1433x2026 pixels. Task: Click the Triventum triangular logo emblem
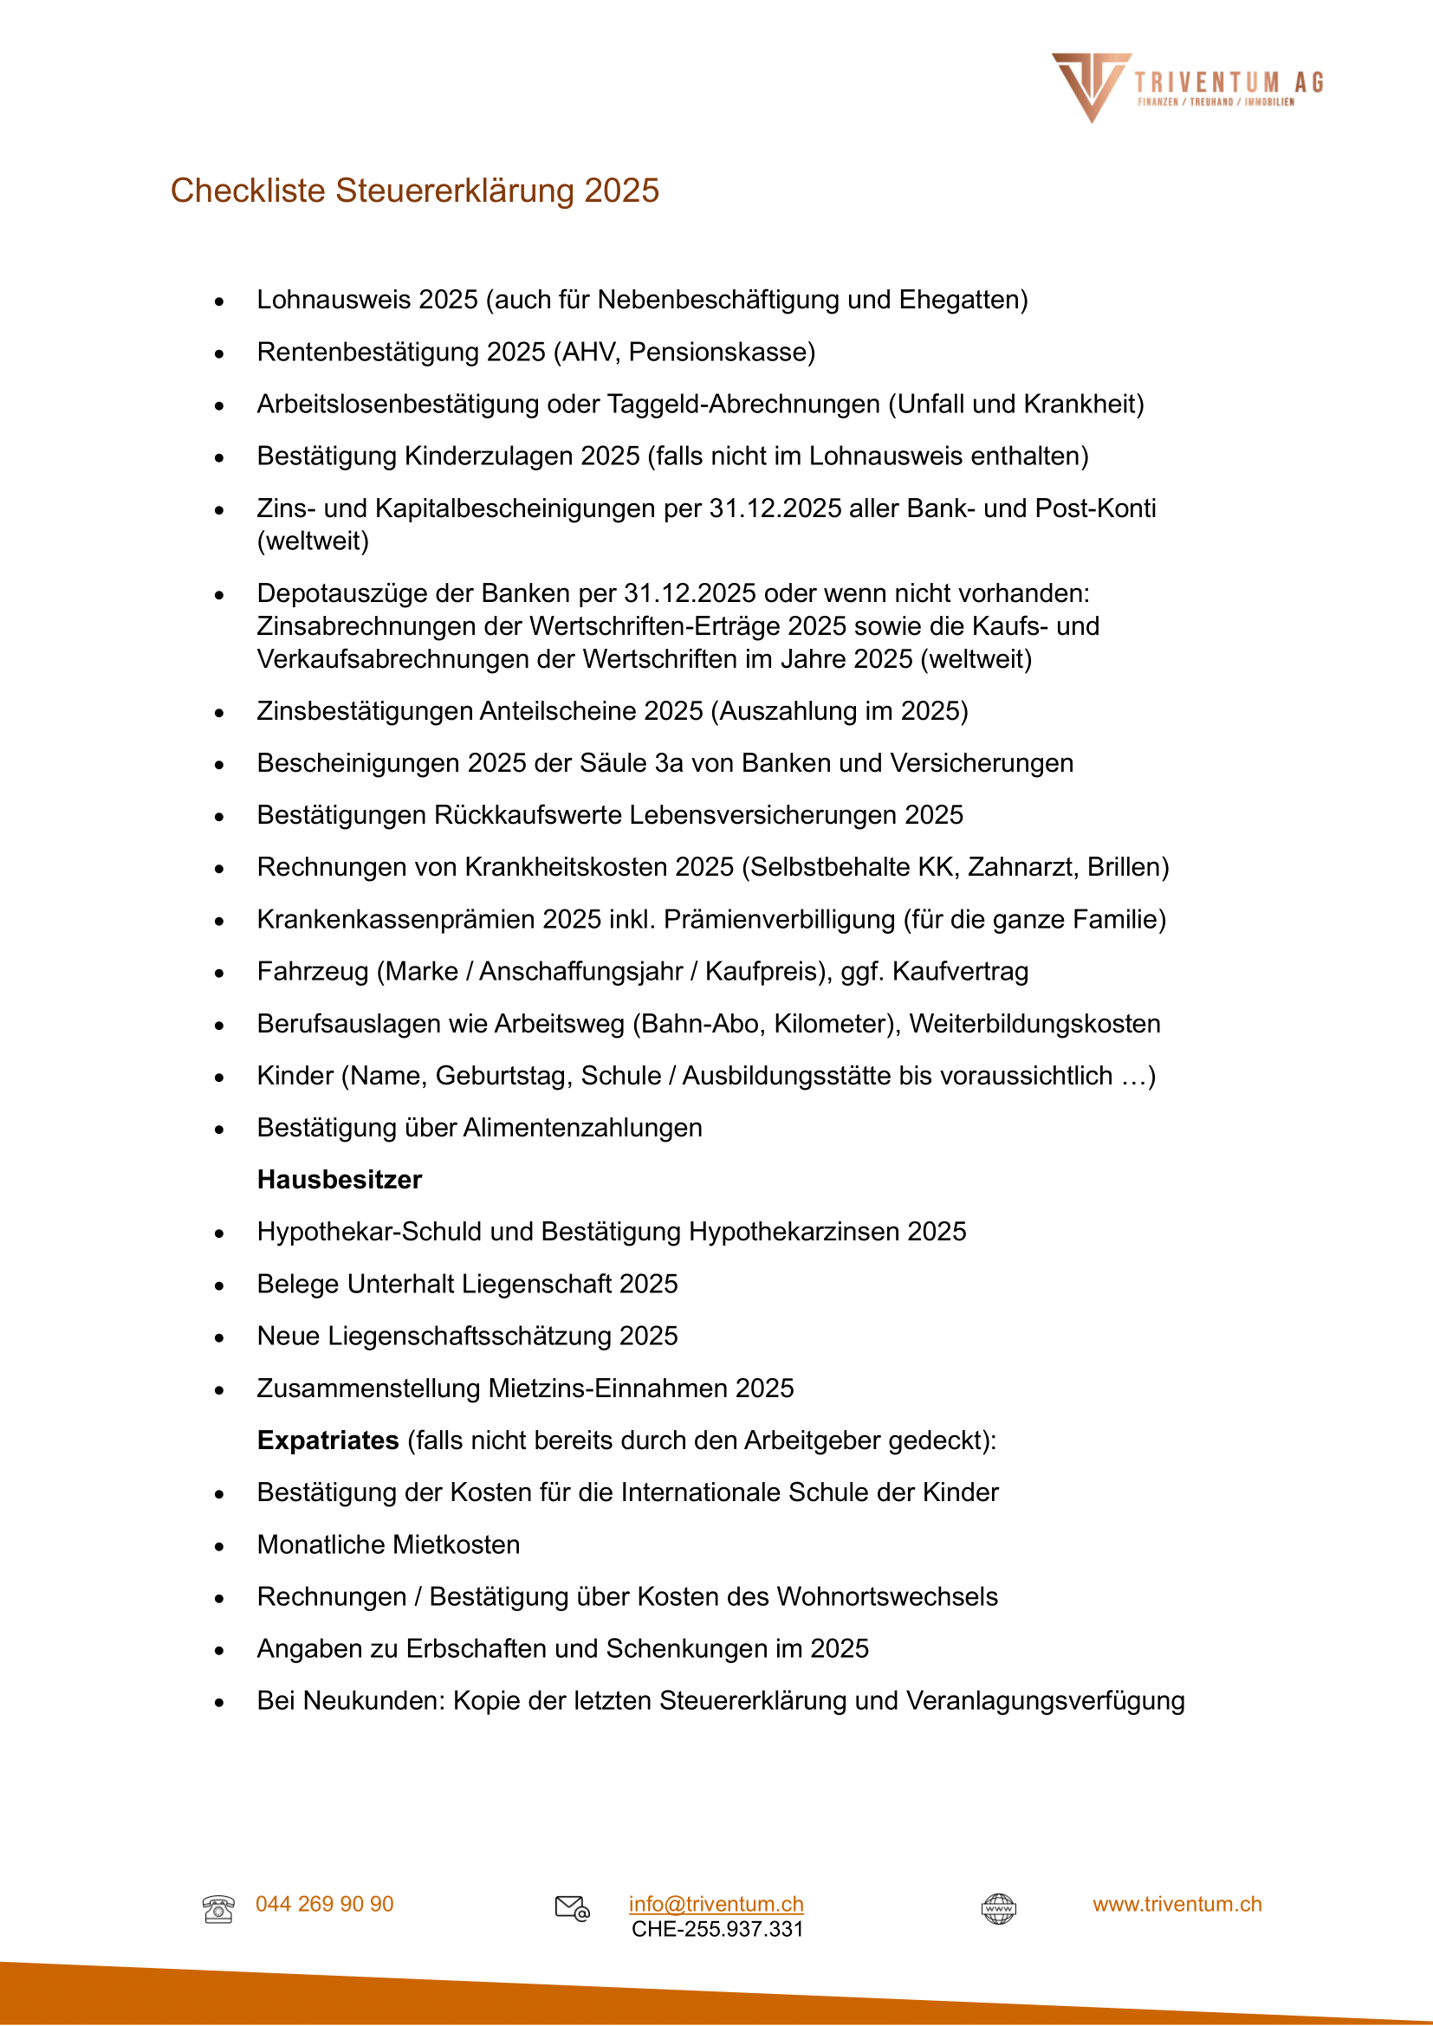click(x=1090, y=85)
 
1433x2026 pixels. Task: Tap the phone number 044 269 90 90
click(x=324, y=1903)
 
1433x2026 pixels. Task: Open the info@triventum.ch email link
click(x=716, y=1903)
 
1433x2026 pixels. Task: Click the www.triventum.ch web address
click(x=1177, y=1903)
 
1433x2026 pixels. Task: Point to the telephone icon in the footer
click(x=218, y=1909)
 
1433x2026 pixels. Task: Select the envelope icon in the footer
click(x=572, y=1907)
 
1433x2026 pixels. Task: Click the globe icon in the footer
click(x=998, y=1909)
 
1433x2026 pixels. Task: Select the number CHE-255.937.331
click(x=716, y=1929)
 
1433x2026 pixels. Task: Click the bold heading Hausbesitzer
click(x=339, y=1180)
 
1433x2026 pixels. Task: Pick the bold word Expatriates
click(x=327, y=1440)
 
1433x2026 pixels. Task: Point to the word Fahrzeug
click(x=313, y=972)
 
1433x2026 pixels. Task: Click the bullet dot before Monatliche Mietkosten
click(x=219, y=1546)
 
